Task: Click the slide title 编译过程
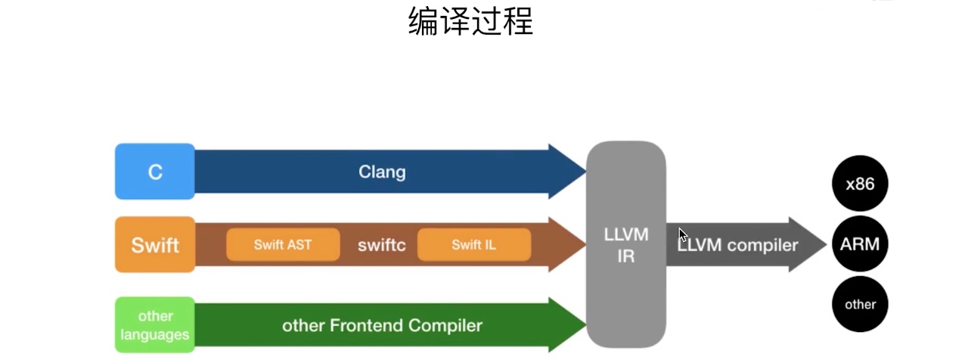(x=470, y=22)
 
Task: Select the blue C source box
(x=155, y=172)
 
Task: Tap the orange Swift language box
(x=155, y=245)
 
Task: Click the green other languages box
(x=155, y=325)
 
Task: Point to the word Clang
(x=382, y=172)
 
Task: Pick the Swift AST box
(x=282, y=244)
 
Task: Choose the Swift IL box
(x=473, y=244)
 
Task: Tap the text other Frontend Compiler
(x=382, y=326)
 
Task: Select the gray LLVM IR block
(x=626, y=245)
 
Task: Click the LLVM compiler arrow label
(x=737, y=245)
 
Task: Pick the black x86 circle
(x=860, y=184)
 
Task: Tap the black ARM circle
(x=860, y=244)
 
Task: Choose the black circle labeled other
(x=860, y=305)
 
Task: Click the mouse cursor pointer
(x=682, y=234)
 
